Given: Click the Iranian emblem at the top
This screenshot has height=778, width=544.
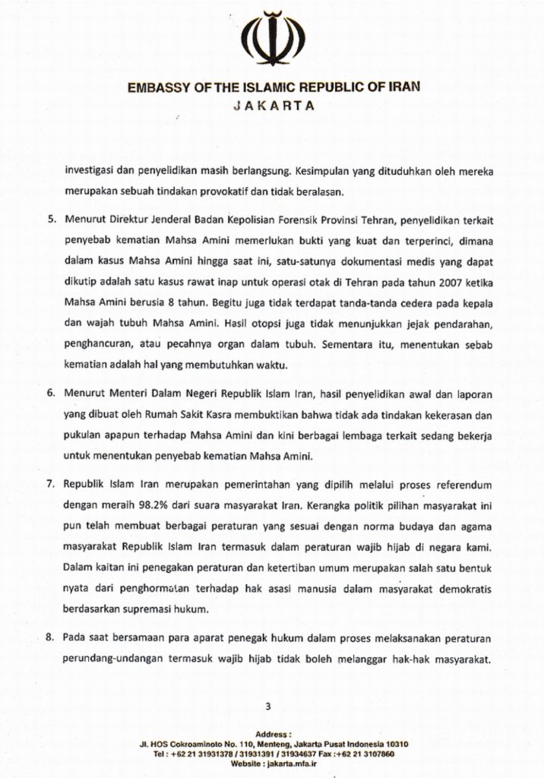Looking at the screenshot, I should pos(272,39).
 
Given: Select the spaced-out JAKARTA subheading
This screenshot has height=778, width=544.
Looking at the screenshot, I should pos(272,106).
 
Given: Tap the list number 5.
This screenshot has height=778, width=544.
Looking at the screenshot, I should pos(52,219).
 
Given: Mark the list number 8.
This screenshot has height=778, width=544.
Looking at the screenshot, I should pos(52,637).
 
